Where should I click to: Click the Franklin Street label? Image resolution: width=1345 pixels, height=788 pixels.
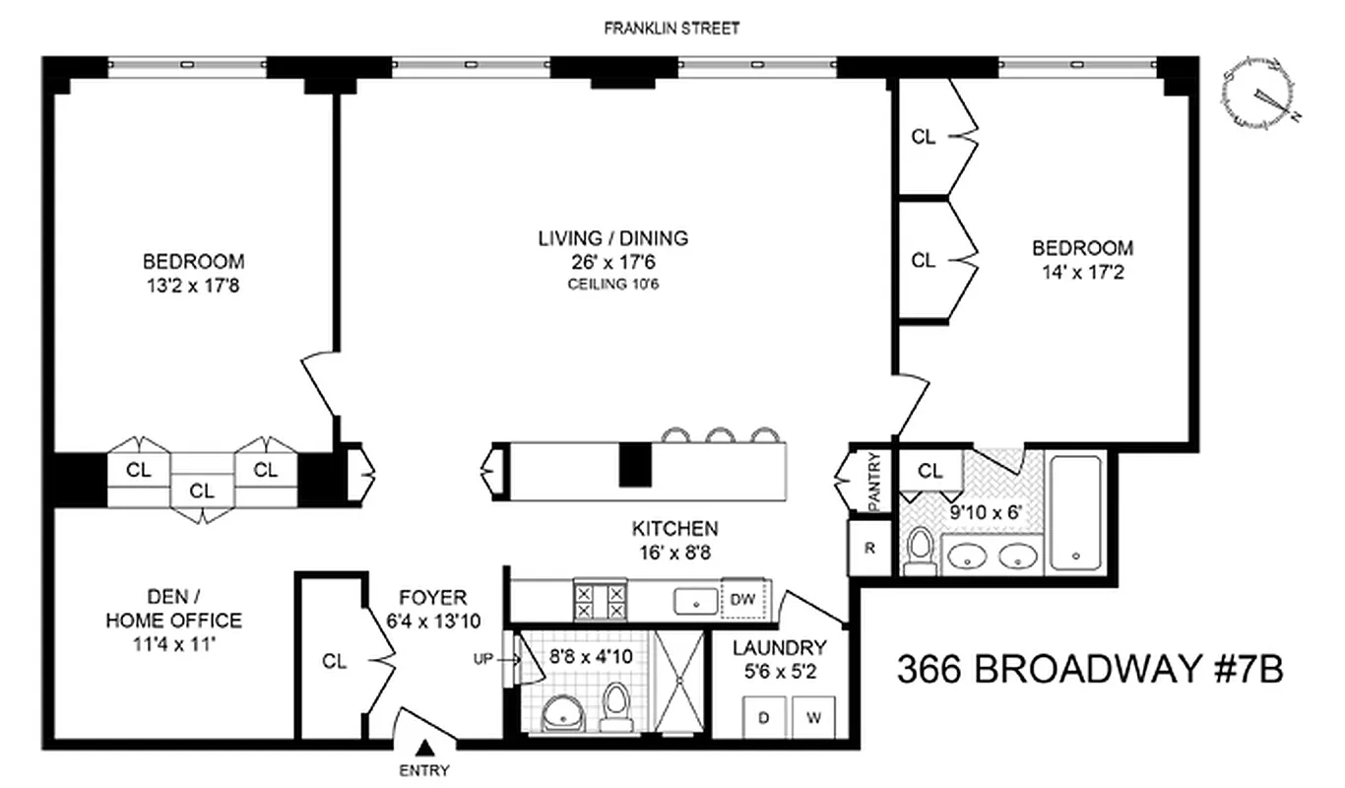click(672, 29)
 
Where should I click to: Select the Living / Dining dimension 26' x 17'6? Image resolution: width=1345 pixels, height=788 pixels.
click(612, 263)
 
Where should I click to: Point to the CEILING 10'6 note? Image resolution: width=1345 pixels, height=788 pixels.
click(612, 286)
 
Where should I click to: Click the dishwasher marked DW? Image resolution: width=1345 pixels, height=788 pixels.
click(744, 599)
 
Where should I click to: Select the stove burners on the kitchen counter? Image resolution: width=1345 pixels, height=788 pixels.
click(600, 600)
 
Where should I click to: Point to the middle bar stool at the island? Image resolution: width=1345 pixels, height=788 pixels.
click(721, 435)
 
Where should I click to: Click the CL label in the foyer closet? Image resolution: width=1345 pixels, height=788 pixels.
click(335, 661)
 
